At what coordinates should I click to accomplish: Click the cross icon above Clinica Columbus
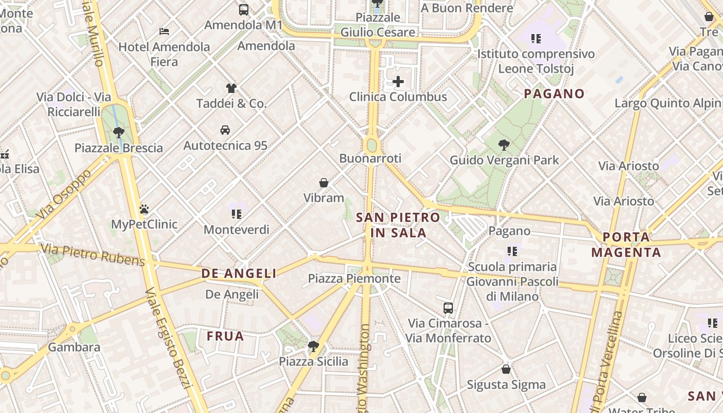[398, 82]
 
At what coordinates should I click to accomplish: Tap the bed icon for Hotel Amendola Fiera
[164, 31]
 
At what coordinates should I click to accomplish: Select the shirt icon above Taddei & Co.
[231, 88]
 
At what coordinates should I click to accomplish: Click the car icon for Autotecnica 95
[225, 130]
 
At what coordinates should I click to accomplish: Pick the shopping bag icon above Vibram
[324, 183]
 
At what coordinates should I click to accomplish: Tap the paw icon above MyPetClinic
[144, 209]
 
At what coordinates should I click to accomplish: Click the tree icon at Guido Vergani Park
[504, 145]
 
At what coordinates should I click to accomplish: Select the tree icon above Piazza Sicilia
[313, 346]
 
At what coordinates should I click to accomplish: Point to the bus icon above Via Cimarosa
[448, 308]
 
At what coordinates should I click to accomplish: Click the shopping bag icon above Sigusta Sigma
[506, 369]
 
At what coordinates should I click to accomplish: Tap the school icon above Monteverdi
[237, 214]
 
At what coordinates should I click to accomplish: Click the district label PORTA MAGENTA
[626, 245]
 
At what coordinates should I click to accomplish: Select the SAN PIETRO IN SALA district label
[398, 225]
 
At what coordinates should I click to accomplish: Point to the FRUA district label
[225, 337]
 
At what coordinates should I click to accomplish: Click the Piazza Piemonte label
[354, 279]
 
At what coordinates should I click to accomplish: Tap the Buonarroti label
[370, 158]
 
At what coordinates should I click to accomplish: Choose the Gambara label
[74, 347]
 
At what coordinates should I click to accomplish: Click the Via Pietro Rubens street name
[93, 256]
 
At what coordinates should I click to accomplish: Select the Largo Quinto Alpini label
[667, 103]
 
